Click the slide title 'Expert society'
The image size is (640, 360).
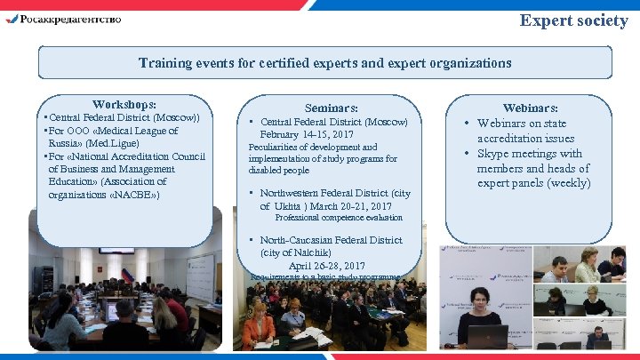573,20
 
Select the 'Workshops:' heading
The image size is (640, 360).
124,104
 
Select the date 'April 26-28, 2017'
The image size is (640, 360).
326,266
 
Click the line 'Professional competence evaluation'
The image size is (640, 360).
339,218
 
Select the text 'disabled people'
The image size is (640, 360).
279,170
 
